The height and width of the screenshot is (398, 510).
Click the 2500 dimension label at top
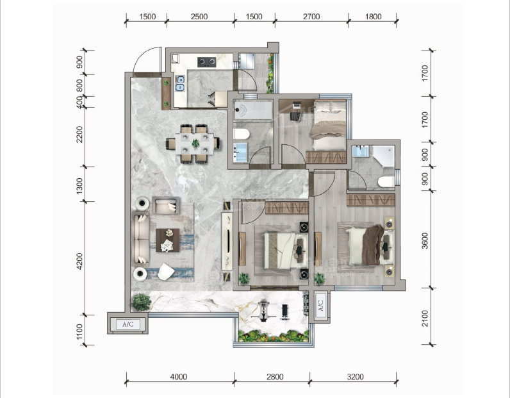coord(199,17)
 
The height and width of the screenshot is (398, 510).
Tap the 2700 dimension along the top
coord(311,17)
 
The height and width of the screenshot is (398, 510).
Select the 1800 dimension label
coord(373,17)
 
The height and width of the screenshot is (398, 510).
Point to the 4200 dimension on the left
coord(79,261)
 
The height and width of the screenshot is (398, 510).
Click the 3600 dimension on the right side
coord(425,240)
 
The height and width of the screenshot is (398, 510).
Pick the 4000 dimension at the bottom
coord(179,377)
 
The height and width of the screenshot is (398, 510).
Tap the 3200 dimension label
coord(355,377)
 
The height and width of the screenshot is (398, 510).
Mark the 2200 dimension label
coord(79,135)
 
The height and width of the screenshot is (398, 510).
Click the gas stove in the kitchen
coord(207,62)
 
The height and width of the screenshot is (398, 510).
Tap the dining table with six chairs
coord(194,144)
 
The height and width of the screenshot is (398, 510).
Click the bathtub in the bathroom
coord(253,110)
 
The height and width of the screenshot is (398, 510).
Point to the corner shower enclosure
coord(383,156)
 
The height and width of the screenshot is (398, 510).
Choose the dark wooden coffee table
coord(167,240)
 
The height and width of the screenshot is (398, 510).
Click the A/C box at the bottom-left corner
coord(128,324)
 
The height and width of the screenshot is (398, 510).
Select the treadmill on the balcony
coord(264,311)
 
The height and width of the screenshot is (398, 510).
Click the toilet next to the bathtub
coord(242,134)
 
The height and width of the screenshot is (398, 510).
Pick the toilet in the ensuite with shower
coord(386,181)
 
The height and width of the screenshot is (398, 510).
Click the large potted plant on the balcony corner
coord(142,303)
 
